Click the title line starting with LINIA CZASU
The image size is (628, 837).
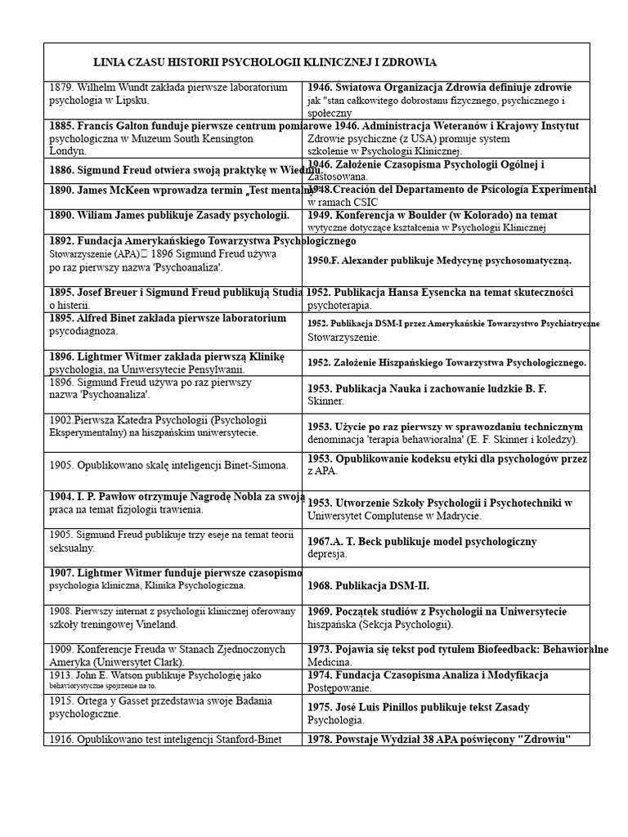(x=265, y=62)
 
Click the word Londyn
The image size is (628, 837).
(x=69, y=151)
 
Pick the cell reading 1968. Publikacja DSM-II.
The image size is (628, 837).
(x=368, y=586)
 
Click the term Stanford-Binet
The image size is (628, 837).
(x=241, y=740)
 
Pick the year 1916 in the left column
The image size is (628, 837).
(x=61, y=740)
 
